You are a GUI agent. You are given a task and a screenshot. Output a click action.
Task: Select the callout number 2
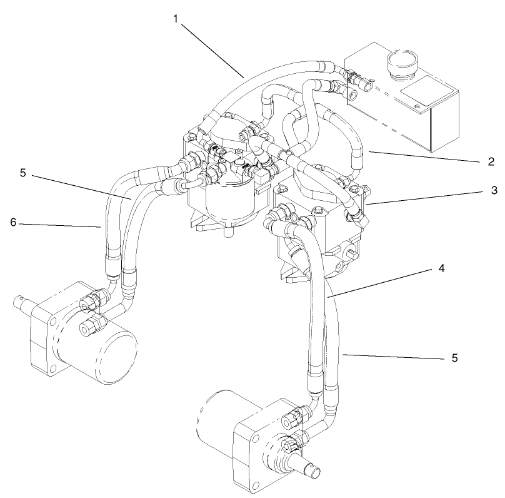[492, 160]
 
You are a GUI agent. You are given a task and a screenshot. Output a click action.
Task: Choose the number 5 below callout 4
[455, 358]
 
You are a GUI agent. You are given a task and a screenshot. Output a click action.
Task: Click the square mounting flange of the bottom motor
[262, 450]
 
